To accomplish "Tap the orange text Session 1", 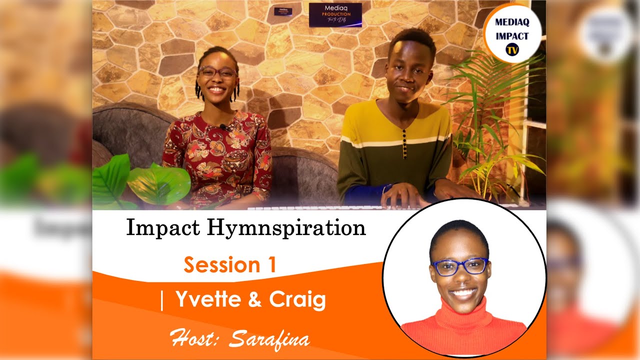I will coord(229,264).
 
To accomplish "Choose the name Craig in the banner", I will coord(297,299).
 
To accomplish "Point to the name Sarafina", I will coord(269,338).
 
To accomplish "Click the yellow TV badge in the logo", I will coord(511,49).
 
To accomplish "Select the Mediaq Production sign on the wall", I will coord(335,14).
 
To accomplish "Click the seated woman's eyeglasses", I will coord(217,72).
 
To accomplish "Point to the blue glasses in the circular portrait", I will coord(460,266).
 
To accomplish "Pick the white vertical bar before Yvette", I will coord(162,300).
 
